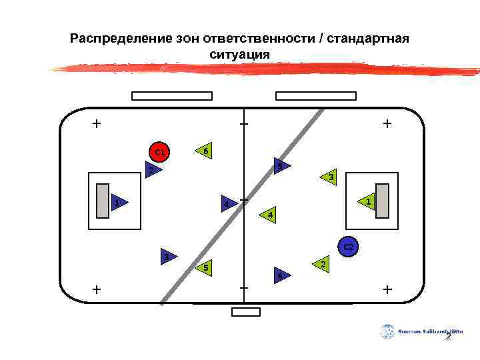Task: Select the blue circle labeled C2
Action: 349,247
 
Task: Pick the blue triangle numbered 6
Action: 281,275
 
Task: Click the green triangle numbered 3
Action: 329,177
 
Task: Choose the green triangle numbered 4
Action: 267,214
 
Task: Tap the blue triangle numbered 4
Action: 229,203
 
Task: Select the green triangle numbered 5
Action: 205,267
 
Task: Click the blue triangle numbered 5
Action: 281,166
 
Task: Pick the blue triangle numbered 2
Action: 153,171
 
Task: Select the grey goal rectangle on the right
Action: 381,200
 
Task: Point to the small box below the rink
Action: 245,312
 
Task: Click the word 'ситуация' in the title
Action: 239,54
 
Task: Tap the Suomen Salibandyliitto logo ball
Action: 387,331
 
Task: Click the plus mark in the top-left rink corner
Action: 97,123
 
